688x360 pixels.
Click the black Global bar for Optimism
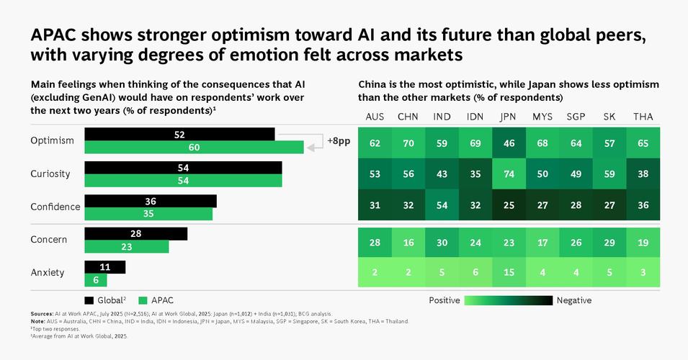click(x=179, y=135)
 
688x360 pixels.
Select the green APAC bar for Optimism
click(x=194, y=148)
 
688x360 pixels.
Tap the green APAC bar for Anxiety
click(x=96, y=280)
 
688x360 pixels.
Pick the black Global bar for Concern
click(x=135, y=234)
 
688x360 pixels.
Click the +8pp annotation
click(x=338, y=141)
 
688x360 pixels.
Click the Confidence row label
click(x=55, y=207)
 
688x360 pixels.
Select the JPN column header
click(x=507, y=117)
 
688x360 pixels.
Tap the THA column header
click(x=643, y=117)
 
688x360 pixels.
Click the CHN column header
click(x=408, y=117)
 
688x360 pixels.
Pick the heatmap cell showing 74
click(x=509, y=174)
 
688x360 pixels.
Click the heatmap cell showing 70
click(x=408, y=143)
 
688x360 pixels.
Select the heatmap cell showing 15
click(x=509, y=272)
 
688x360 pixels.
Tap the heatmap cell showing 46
click(x=509, y=143)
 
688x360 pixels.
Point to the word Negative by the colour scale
click(x=574, y=300)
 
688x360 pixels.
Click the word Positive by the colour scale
click(x=444, y=300)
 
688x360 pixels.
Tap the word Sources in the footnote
click(x=42, y=315)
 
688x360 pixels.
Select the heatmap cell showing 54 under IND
click(x=442, y=205)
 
